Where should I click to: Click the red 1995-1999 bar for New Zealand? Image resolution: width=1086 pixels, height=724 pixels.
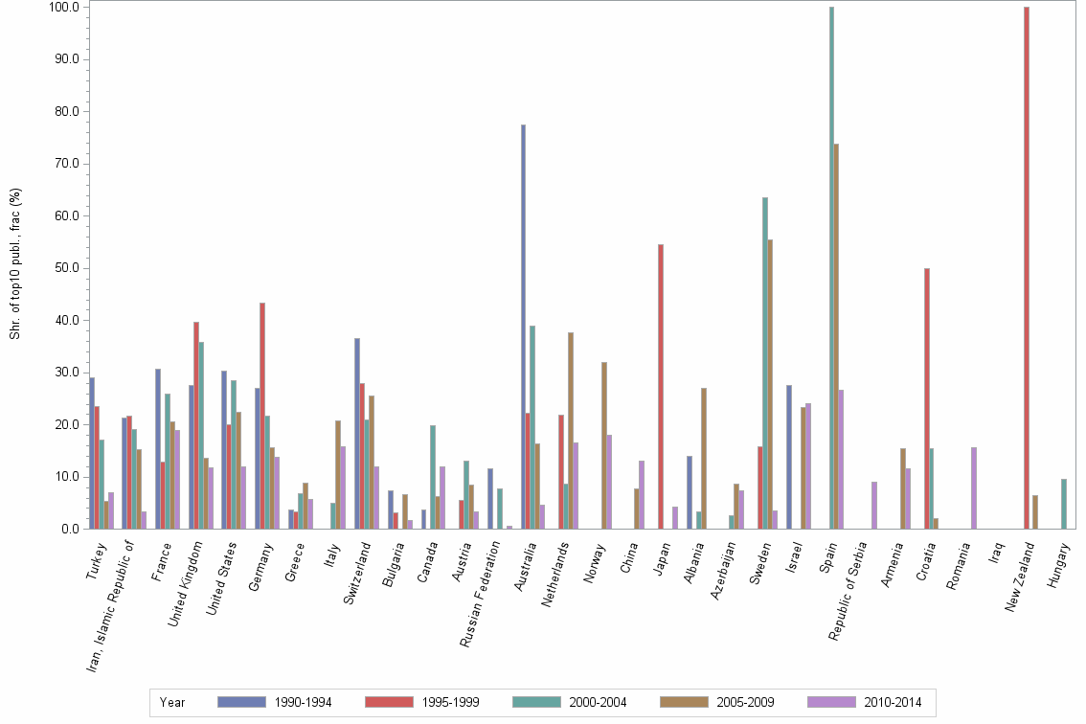(x=1027, y=268)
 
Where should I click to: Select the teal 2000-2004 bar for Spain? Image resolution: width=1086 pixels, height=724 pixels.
(x=831, y=268)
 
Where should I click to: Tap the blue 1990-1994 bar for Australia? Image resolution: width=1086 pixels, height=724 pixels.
(x=523, y=327)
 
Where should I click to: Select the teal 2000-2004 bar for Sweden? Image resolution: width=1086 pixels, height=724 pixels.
(x=765, y=363)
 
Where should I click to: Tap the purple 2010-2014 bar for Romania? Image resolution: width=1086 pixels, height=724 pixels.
(x=974, y=488)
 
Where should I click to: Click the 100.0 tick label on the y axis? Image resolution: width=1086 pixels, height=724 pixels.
(x=62, y=8)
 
